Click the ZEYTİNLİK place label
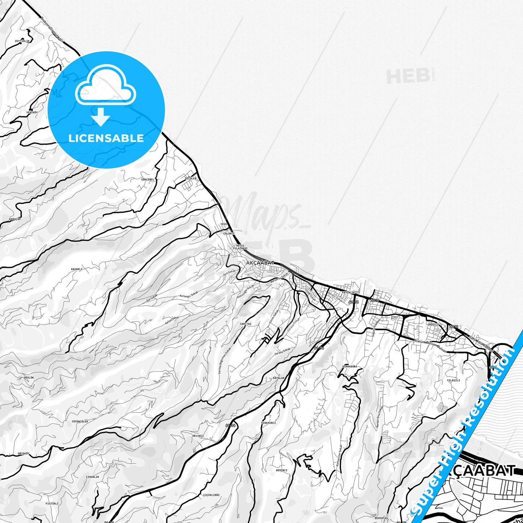click(22, 41)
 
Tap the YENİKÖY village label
click(32, 113)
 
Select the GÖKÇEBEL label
click(148, 179)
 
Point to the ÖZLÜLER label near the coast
click(191, 178)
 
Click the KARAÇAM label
click(15, 219)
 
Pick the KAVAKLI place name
click(77, 269)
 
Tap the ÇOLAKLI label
click(229, 234)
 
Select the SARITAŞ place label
click(245, 324)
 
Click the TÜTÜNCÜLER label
click(80, 422)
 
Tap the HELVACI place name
click(198, 436)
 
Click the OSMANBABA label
click(349, 367)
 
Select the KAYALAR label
click(279, 378)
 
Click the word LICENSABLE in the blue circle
click(106, 138)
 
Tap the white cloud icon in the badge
click(105, 85)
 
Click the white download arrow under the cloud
click(101, 117)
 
